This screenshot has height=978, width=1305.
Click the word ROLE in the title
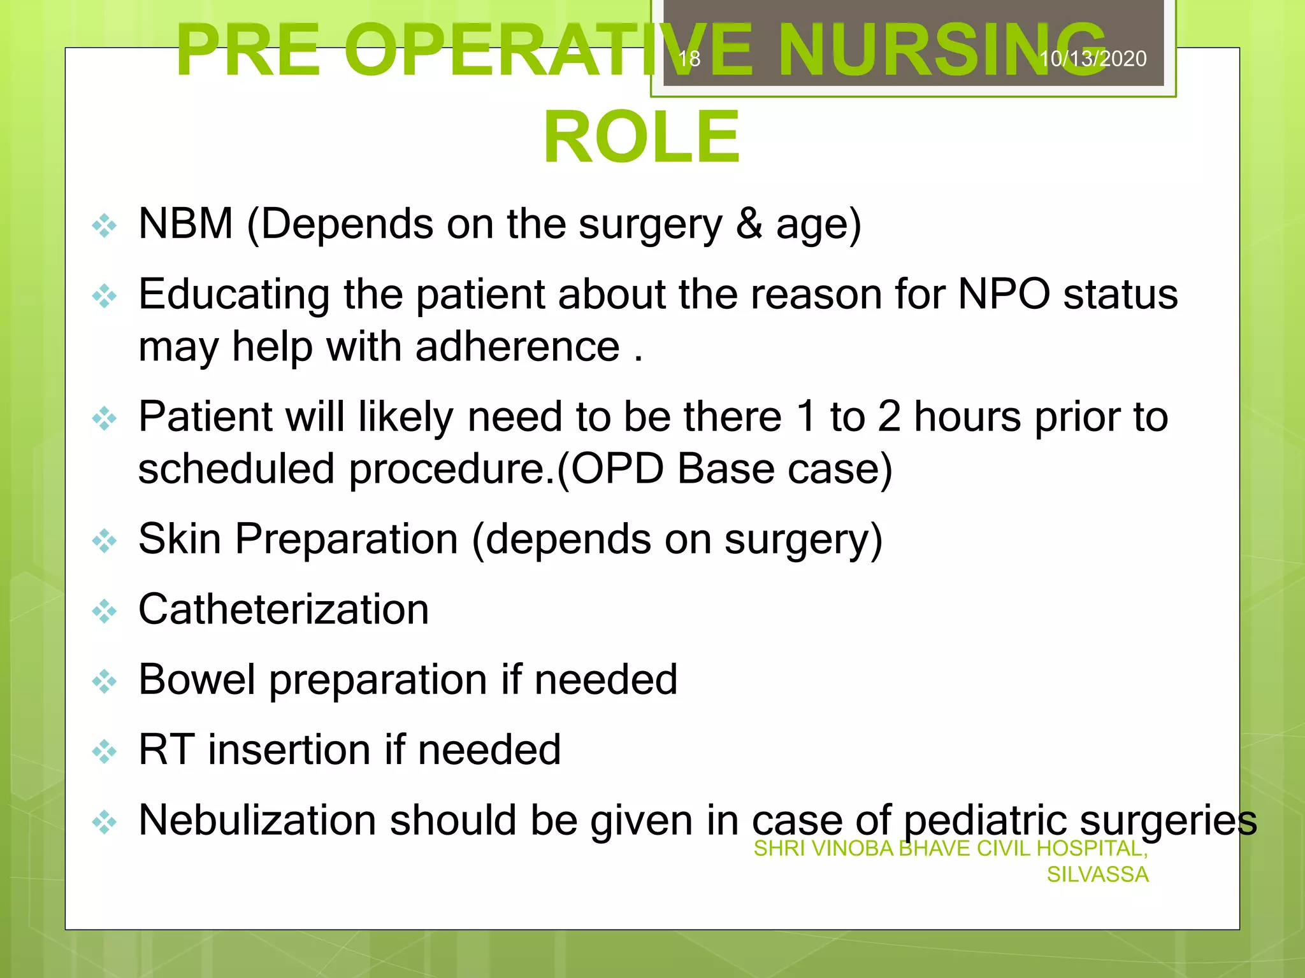[x=642, y=137]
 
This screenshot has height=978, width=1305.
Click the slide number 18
[x=689, y=59]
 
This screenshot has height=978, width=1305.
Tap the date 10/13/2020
[x=1093, y=59]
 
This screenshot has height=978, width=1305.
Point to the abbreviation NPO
[x=1004, y=294]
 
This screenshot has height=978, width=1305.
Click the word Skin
[x=179, y=539]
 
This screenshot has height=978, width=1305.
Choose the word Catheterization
[x=284, y=609]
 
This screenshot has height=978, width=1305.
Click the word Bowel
[x=196, y=679]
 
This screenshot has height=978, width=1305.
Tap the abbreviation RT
[x=166, y=749]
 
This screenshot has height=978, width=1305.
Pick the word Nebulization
[x=257, y=820]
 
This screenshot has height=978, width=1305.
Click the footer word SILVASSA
[x=1097, y=875]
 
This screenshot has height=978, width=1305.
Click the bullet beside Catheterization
[x=105, y=611]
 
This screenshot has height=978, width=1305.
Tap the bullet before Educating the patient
[x=105, y=296]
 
